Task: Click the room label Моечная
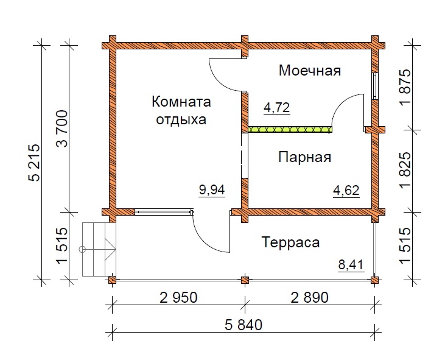pos(310,71)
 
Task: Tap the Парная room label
pos(304,157)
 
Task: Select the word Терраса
pos(290,242)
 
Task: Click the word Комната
pos(181,102)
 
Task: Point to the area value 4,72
pos(277,108)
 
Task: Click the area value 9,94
pos(212,189)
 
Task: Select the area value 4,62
pos(346,191)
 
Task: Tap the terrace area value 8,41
pos(351,264)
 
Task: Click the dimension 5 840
pos(244,325)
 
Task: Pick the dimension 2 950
pos(178,298)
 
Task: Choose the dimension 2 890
pos(310,298)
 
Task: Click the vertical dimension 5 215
pos(35,163)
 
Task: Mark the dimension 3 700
pos(62,129)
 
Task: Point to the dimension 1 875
pos(405,87)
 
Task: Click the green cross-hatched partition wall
pos(290,130)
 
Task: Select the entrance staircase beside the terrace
pos(99,249)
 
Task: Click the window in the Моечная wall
pos(375,86)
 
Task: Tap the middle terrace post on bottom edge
pos(245,280)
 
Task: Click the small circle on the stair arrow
pos(83,249)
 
